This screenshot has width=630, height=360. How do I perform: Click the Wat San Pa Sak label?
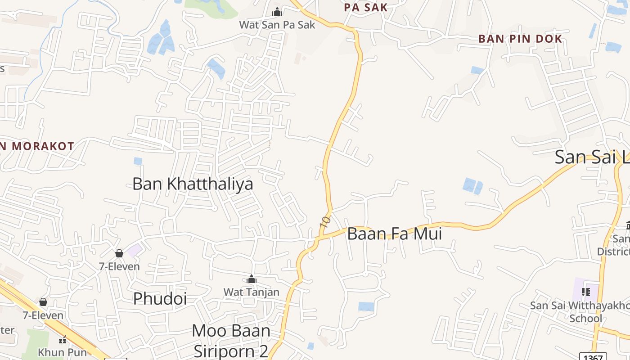point(277,24)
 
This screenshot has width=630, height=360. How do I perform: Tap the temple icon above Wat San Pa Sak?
point(277,11)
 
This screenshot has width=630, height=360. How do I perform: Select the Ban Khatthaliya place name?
point(193,184)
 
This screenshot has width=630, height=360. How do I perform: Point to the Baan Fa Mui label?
point(394,234)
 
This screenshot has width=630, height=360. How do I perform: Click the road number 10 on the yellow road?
point(325,220)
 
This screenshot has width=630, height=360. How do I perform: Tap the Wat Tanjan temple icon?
point(252,279)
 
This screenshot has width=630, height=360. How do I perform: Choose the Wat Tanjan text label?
point(252,292)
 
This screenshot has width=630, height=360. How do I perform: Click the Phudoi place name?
point(160,298)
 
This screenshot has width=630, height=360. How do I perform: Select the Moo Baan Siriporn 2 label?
point(231,341)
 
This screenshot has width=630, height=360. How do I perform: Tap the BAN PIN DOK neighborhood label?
point(520,39)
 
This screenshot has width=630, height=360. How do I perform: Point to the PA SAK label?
point(365,7)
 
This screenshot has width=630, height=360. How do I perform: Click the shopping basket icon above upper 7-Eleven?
point(119,253)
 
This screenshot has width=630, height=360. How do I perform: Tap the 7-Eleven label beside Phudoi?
point(119,266)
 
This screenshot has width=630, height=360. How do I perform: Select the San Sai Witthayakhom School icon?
point(585,292)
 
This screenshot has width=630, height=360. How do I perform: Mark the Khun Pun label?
point(62,352)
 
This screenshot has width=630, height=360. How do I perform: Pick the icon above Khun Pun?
point(63,339)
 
